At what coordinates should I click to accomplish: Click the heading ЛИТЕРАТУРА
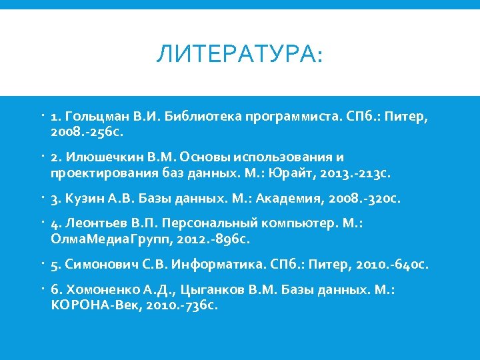[239, 54]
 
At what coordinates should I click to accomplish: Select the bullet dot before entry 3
[42, 197]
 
